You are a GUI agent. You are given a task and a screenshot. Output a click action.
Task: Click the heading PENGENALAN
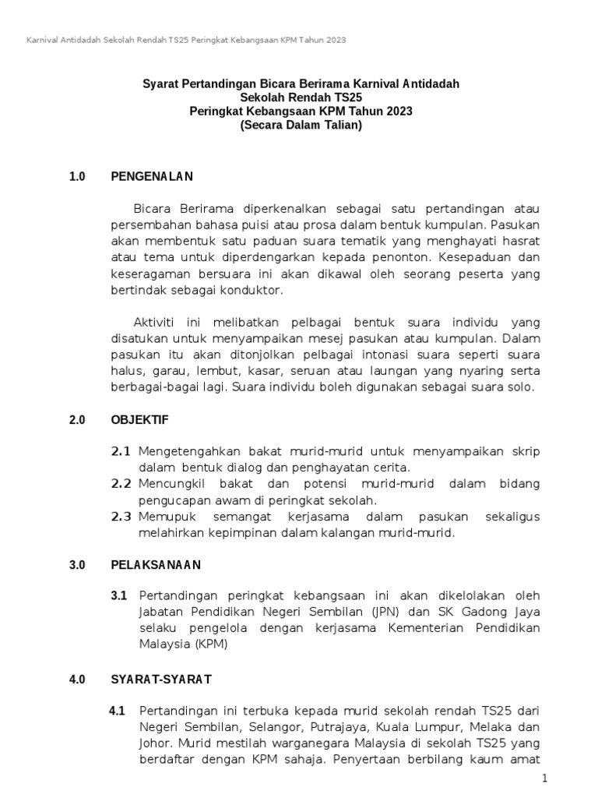(x=152, y=177)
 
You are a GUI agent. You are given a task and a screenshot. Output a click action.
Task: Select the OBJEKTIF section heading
(x=140, y=420)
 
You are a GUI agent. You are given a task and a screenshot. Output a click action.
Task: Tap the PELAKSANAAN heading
(x=156, y=565)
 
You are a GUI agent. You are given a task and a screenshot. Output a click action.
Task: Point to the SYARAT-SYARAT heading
(x=161, y=680)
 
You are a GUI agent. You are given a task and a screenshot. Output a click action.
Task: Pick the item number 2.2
(x=120, y=484)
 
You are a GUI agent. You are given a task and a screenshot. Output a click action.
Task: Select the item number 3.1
(x=118, y=596)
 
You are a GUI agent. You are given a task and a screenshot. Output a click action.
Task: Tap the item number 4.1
(x=118, y=711)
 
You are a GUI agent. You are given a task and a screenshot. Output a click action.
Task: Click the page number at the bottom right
(x=545, y=779)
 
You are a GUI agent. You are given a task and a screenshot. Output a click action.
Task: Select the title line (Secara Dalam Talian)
(x=301, y=125)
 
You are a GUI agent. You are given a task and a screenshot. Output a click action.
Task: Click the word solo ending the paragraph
(x=519, y=387)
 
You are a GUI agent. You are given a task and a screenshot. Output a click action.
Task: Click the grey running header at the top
(x=186, y=39)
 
